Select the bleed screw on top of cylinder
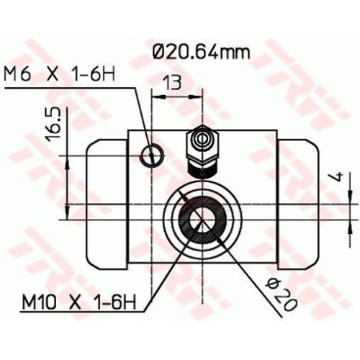(202, 152)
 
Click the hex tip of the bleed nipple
(202, 138)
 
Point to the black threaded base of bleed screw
(202, 169)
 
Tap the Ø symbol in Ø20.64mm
(160, 50)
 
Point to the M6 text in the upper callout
(15, 73)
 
